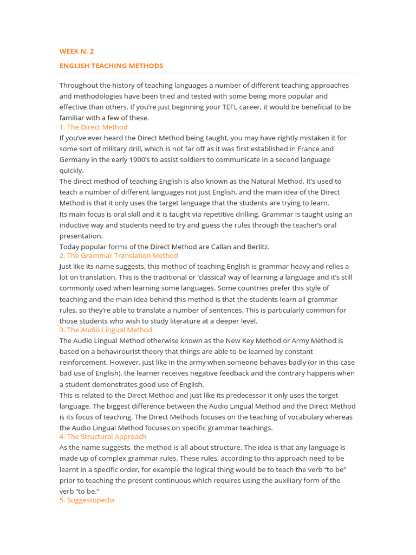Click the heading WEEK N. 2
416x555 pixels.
pos(76,51)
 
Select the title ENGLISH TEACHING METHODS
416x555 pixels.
pos(111,66)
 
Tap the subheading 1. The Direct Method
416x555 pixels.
pos(93,127)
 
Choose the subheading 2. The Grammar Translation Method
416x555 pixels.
pos(119,255)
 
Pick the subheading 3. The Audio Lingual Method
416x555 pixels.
pos(106,330)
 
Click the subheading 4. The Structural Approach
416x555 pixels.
pos(102,436)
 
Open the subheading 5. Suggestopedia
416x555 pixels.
pos(87,500)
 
